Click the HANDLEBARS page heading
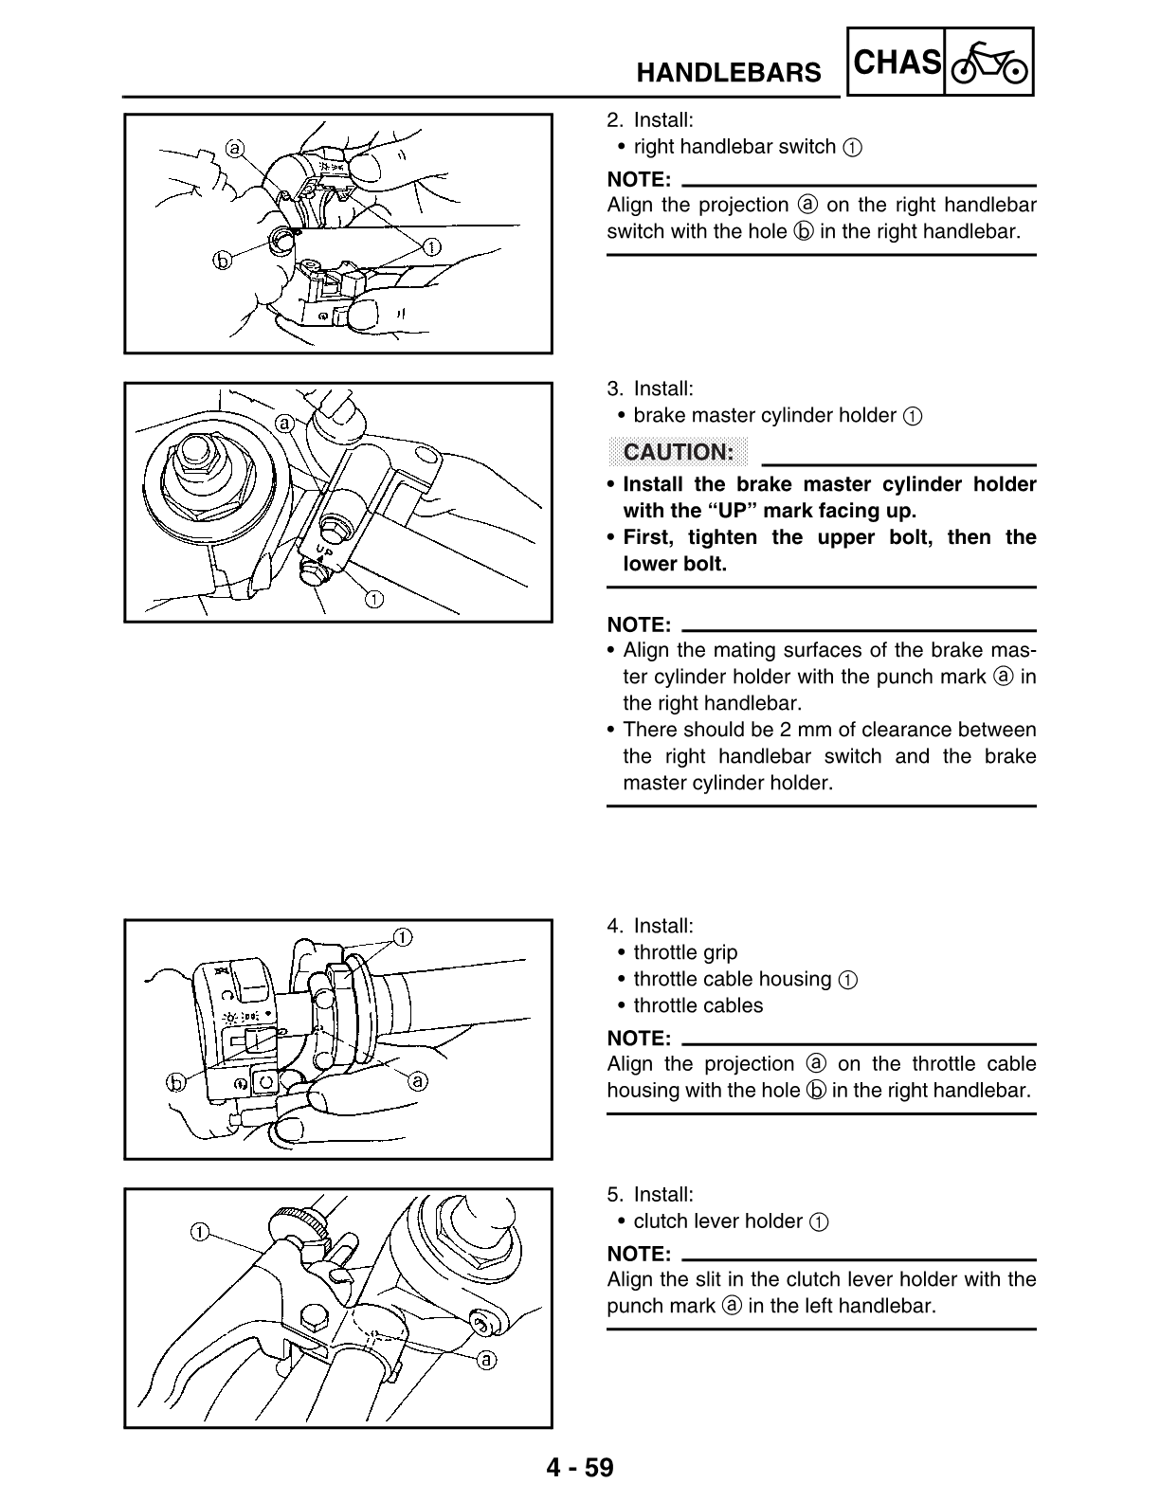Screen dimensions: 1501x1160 click(x=728, y=72)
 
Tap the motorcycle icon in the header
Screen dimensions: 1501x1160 click(x=988, y=64)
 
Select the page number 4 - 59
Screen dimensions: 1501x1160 click(x=579, y=1468)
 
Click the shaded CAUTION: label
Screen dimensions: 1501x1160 click(x=679, y=452)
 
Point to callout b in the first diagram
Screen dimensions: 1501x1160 click(x=223, y=261)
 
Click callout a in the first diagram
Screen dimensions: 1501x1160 click(x=235, y=148)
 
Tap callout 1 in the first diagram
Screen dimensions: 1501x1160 click(x=429, y=247)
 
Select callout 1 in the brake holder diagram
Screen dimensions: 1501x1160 click(x=374, y=598)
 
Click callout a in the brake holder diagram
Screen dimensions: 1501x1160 click(x=283, y=422)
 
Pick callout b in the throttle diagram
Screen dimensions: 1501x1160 click(x=176, y=1081)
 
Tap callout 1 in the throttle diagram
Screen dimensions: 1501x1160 click(x=402, y=937)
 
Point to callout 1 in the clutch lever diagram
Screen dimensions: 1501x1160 click(x=200, y=1232)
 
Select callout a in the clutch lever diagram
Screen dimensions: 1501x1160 click(x=485, y=1360)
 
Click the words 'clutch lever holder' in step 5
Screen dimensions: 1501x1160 click(x=717, y=1221)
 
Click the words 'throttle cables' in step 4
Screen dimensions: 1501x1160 click(x=698, y=1005)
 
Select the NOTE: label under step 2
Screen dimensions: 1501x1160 click(x=639, y=179)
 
